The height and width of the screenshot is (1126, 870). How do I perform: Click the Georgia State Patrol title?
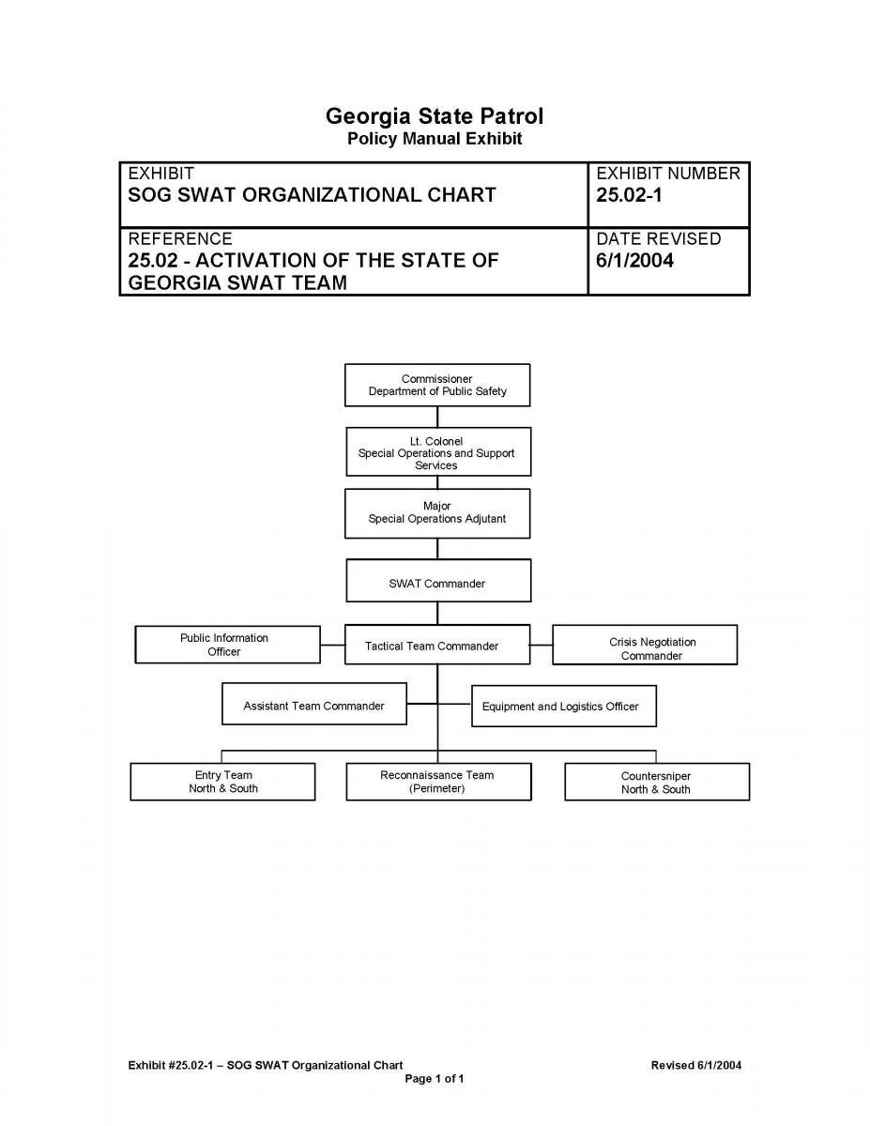click(435, 116)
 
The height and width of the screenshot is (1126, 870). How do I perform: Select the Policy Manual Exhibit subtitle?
click(435, 139)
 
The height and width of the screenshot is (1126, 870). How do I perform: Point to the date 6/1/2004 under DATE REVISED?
click(635, 260)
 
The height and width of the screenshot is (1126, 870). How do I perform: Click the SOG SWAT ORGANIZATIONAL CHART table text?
click(312, 195)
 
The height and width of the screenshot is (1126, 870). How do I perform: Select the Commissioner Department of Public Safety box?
click(436, 385)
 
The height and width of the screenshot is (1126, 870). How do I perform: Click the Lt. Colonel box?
click(436, 452)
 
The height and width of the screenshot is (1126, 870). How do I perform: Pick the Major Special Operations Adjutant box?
click(436, 512)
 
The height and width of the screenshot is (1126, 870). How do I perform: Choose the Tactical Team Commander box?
click(436, 645)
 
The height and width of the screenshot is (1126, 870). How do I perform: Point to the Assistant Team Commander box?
click(314, 705)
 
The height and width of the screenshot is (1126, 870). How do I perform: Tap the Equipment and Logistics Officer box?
click(563, 706)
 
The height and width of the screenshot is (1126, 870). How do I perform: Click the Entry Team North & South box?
click(222, 782)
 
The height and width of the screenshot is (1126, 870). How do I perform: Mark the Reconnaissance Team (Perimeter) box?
click(437, 782)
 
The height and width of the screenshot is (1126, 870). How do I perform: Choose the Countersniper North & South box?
click(656, 782)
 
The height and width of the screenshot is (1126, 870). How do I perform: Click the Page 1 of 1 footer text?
click(434, 1078)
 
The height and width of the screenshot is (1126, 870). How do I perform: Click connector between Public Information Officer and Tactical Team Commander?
click(332, 645)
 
